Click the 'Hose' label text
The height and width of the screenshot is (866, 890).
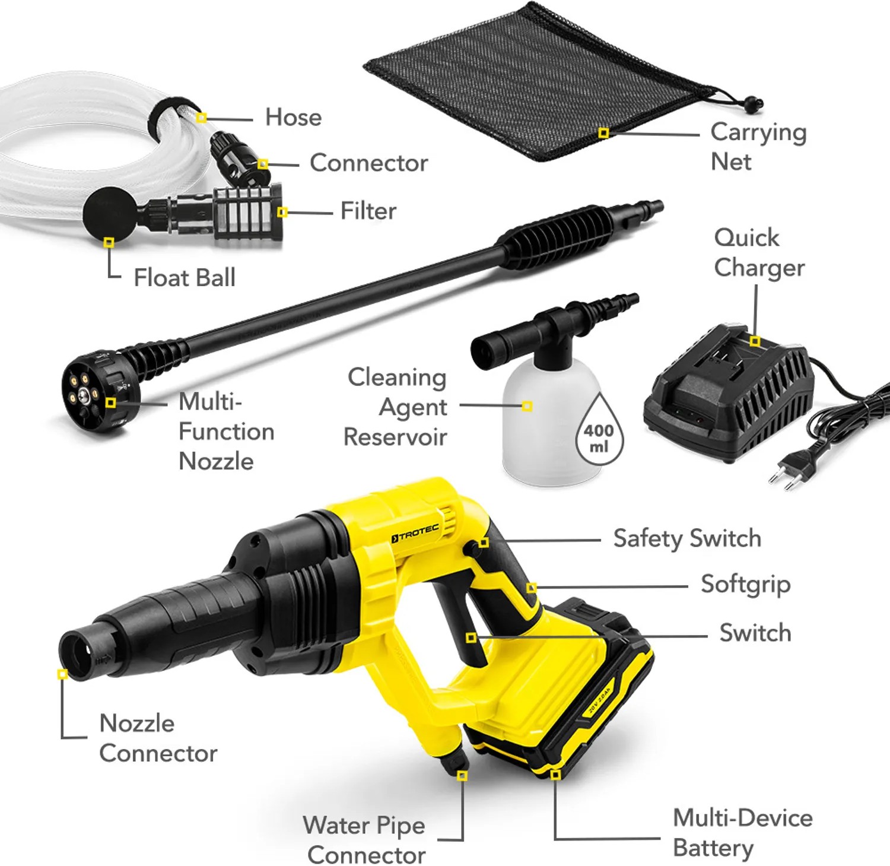coord(293,117)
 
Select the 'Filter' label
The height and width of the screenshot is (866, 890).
coord(368,211)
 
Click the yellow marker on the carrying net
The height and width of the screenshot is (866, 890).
coord(603,133)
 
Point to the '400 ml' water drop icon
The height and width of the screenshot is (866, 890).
coord(599,429)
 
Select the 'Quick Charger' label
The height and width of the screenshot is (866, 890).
coord(759,252)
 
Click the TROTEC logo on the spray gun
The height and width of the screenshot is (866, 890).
coord(415,533)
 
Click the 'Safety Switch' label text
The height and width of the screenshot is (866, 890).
coord(687,538)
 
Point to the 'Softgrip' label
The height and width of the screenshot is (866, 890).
coord(745,585)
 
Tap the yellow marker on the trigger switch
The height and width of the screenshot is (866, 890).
coord(471,637)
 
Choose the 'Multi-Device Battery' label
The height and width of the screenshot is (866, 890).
coord(742,833)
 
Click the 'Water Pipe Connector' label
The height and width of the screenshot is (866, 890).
coord(364,840)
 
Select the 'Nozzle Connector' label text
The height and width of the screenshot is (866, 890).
coord(158,738)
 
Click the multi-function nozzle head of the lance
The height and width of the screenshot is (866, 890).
coord(95,389)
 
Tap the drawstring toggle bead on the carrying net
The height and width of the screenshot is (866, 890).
coord(752,104)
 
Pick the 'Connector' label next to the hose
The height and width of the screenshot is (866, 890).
coord(368,163)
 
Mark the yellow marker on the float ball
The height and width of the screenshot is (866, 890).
coord(109,242)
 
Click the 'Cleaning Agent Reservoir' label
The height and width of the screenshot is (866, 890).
coord(396,407)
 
